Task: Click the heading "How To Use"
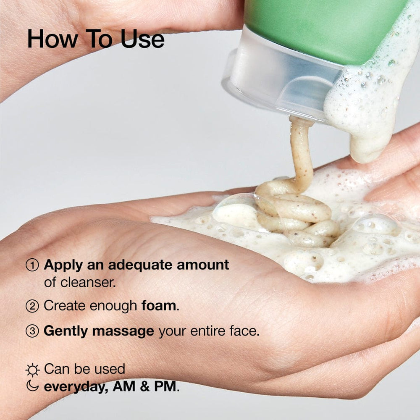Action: [96, 39]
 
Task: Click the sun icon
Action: [32, 370]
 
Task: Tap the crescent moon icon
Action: [32, 386]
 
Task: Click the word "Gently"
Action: [66, 331]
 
